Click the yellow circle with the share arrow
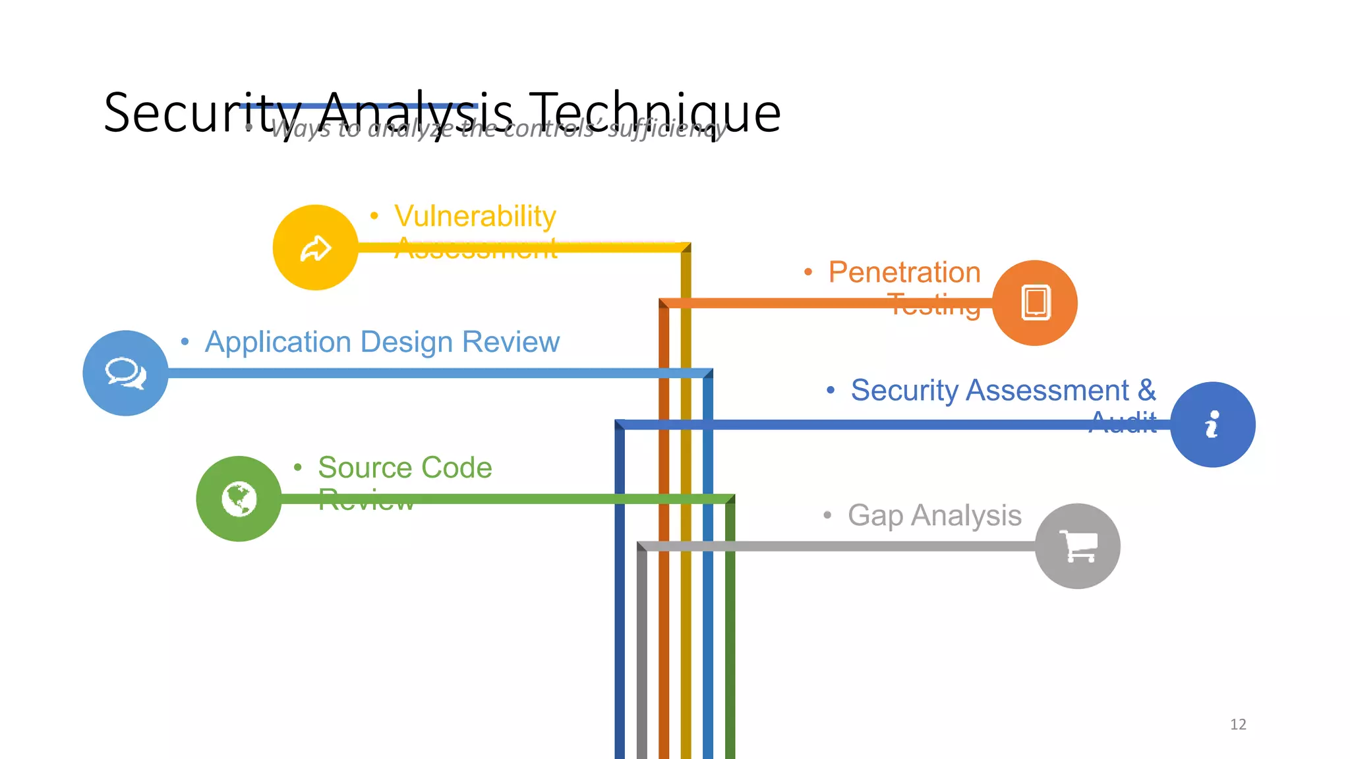(315, 248)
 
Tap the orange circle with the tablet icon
(1034, 303)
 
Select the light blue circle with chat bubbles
(125, 373)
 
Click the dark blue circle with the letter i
(1212, 425)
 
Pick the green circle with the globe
(239, 499)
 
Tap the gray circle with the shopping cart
(1077, 546)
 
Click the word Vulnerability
(475, 216)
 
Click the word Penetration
(904, 272)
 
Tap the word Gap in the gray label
(875, 516)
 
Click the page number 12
(1237, 724)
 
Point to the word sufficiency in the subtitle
(666, 128)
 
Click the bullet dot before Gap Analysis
(827, 515)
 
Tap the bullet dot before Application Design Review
(185, 341)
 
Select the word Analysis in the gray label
(966, 516)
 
